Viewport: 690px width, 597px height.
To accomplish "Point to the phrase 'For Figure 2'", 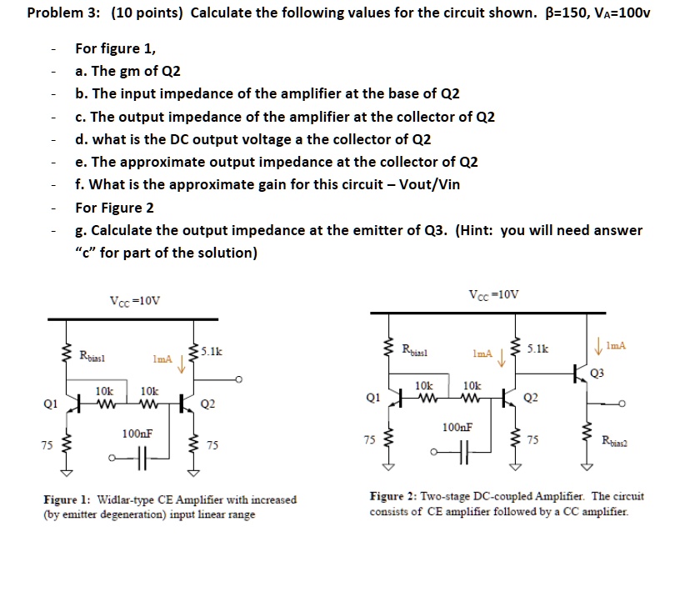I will coord(114,207).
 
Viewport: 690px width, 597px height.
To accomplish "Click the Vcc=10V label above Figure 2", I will coord(493,295).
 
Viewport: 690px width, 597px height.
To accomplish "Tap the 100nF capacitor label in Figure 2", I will coord(457,427).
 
